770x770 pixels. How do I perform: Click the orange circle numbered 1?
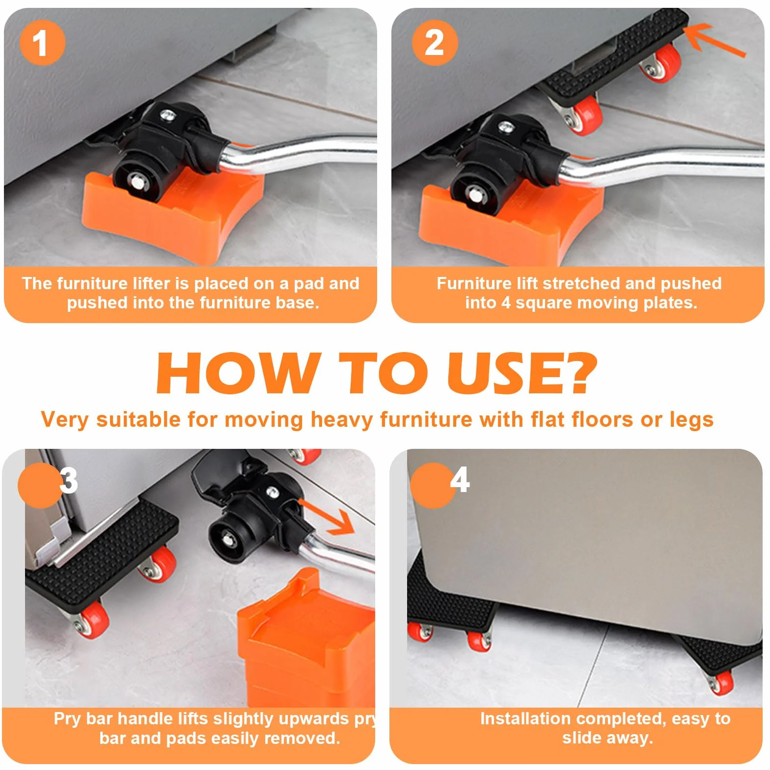click(x=42, y=43)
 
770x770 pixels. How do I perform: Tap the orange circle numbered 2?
click(x=435, y=43)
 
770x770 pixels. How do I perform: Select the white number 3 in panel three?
click(x=69, y=480)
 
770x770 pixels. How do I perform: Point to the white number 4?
click(x=460, y=480)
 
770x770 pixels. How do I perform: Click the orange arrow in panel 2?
click(x=715, y=39)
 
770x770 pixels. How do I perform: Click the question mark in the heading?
click(x=577, y=373)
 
